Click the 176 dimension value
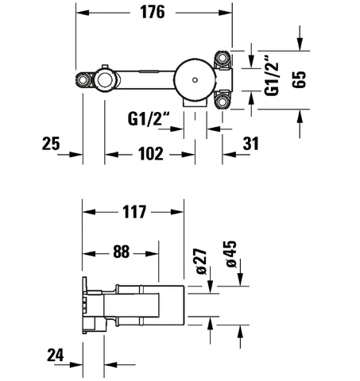pos(153,12)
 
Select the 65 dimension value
pos(299,79)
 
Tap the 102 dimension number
pos(151,154)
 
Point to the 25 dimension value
pos(51,144)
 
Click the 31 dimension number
pos(250,144)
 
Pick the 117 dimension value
pos(134,212)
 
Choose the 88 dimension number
pos(122,252)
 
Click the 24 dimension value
pos(56,355)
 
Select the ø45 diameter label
pos(230,254)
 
